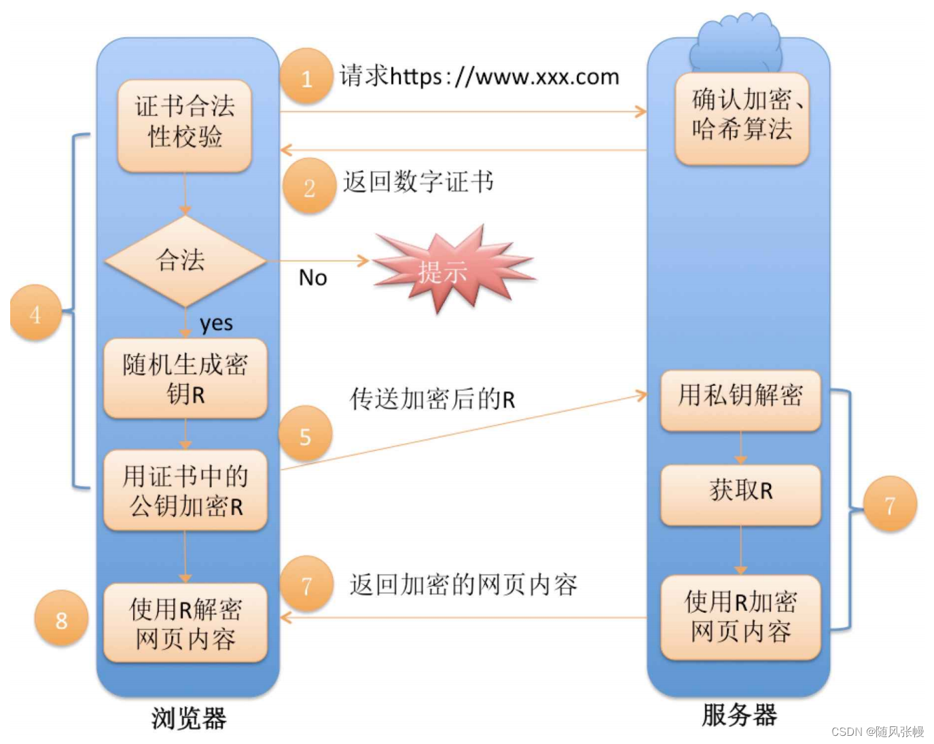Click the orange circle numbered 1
[x=306, y=76]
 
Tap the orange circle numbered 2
[x=309, y=185]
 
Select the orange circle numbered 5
[x=305, y=433]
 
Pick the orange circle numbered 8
[x=61, y=618]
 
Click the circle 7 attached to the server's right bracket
[x=890, y=503]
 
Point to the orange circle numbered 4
[x=36, y=312]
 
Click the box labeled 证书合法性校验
[x=185, y=126]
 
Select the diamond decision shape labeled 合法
[x=185, y=261]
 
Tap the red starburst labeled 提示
[x=454, y=268]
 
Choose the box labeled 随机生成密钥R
[x=185, y=378]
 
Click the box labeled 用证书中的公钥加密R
[x=185, y=490]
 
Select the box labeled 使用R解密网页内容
[x=185, y=622]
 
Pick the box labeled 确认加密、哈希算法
[x=742, y=119]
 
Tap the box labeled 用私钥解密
[x=740, y=400]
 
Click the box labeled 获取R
[x=740, y=495]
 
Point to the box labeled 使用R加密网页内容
[x=740, y=617]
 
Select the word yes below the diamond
[x=216, y=324]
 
